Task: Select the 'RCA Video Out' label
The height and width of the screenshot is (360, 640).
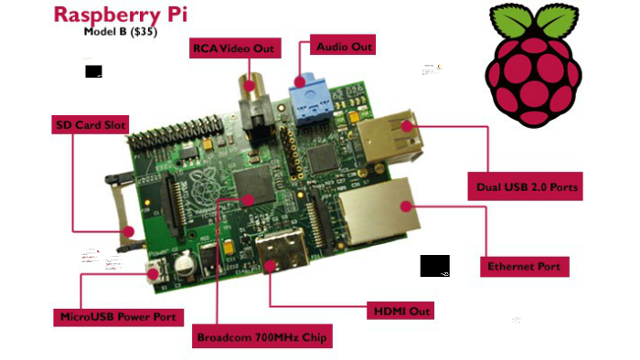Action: [x=232, y=47]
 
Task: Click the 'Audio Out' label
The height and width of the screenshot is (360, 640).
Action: [x=343, y=45]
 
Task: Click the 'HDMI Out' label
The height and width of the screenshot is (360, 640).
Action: [x=398, y=311]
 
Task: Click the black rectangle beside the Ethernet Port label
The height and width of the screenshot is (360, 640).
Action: [x=434, y=265]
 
